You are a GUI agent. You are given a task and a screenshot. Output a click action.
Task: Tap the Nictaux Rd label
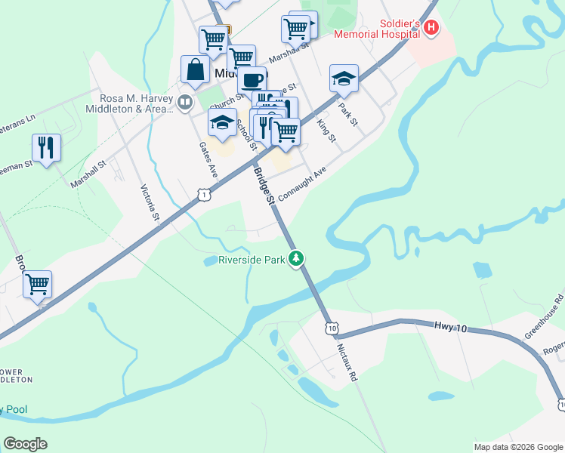coord(347,362)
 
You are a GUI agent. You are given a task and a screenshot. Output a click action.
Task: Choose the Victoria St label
coord(150,202)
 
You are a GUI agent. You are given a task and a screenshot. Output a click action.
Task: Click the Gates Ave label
coord(208,159)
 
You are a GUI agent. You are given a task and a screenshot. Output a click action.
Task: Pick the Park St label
coord(347,115)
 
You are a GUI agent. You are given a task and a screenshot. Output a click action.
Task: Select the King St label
coord(326,130)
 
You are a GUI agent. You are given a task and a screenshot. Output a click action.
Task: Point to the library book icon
coord(185,101)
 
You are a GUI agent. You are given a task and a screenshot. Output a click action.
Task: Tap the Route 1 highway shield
coord(204,195)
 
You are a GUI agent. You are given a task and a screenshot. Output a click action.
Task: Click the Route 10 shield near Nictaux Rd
coord(331,328)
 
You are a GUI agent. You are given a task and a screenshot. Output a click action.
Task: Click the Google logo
coord(25,444)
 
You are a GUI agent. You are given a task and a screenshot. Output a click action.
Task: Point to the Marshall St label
coord(89,169)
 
